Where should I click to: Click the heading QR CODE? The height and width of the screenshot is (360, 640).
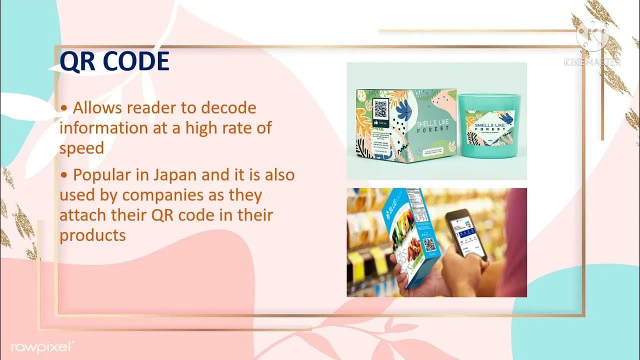(114, 62)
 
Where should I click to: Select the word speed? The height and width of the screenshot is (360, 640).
(81, 147)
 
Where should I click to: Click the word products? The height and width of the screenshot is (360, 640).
(92, 234)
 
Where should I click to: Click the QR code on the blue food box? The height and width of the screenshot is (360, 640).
(429, 245)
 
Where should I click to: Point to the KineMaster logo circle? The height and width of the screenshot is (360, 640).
(592, 36)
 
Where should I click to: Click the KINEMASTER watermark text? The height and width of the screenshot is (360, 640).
(592, 62)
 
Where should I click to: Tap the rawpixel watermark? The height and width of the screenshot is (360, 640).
(42, 346)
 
